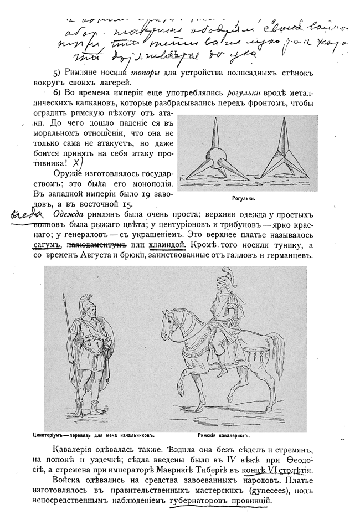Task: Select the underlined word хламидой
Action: click(167, 244)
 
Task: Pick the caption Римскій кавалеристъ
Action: click(224, 435)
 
